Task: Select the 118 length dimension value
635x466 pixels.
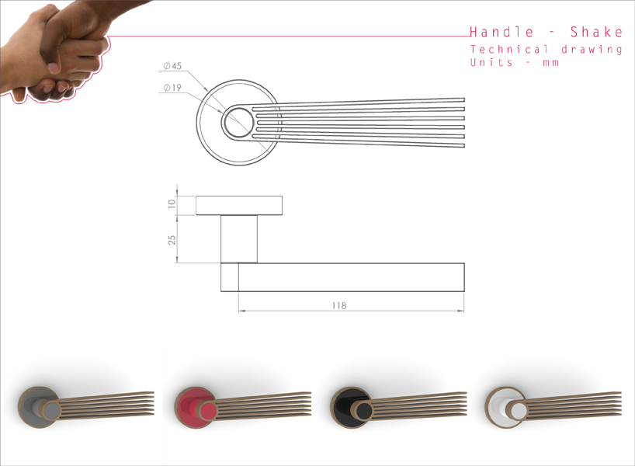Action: click(338, 305)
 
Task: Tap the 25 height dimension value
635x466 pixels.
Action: click(172, 239)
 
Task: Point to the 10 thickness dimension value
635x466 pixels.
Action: click(172, 205)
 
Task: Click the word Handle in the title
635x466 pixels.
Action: click(501, 32)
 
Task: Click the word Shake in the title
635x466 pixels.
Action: click(596, 32)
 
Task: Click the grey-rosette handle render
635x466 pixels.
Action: click(85, 404)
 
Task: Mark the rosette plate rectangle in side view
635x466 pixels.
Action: click(238, 205)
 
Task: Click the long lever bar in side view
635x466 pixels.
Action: click(349, 277)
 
